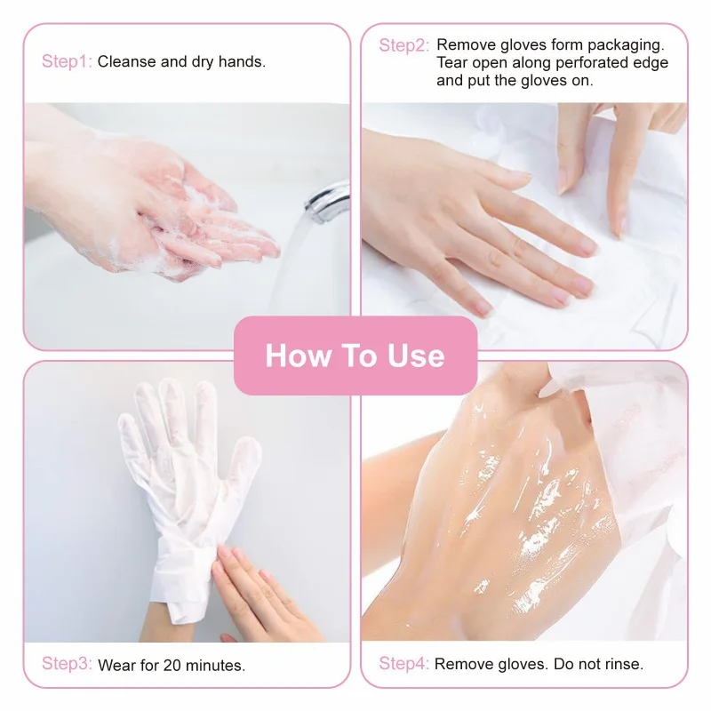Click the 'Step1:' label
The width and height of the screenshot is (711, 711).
[x=67, y=62]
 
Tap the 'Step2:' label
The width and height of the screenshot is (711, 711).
[x=404, y=45]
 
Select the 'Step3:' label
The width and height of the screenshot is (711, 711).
[x=67, y=664]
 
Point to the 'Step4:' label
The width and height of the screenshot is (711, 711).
[x=404, y=664]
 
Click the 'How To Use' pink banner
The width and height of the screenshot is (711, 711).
[x=355, y=355]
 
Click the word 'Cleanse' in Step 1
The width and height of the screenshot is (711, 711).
[x=128, y=62]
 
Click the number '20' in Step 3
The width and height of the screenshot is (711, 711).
[x=174, y=665]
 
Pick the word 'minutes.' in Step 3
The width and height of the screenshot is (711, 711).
[x=216, y=665]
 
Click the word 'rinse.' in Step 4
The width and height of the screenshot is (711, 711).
[x=622, y=664]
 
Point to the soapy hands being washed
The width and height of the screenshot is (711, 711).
[x=178, y=213]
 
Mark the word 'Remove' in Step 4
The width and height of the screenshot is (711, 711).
[x=463, y=664]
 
